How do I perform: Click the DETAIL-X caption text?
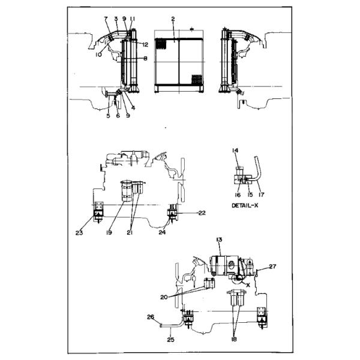tap(245, 205)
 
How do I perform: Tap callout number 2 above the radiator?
tap(173, 19)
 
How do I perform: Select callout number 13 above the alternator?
tap(219, 240)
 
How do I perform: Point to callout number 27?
tap(272, 266)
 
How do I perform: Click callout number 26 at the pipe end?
tap(151, 317)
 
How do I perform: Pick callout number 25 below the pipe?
tap(170, 340)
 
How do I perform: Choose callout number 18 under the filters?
tap(234, 339)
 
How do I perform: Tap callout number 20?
tap(164, 298)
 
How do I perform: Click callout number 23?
tap(79, 233)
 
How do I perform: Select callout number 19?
tap(109, 233)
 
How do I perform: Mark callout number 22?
tap(202, 213)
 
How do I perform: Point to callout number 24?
tap(162, 233)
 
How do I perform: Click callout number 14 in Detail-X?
tap(235, 151)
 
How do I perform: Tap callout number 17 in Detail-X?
tap(261, 195)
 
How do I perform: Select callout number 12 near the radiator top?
tap(145, 45)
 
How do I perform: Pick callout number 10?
tap(98, 55)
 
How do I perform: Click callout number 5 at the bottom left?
tap(108, 116)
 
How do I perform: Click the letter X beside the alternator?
tap(248, 285)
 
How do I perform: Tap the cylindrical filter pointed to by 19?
tap(127, 191)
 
